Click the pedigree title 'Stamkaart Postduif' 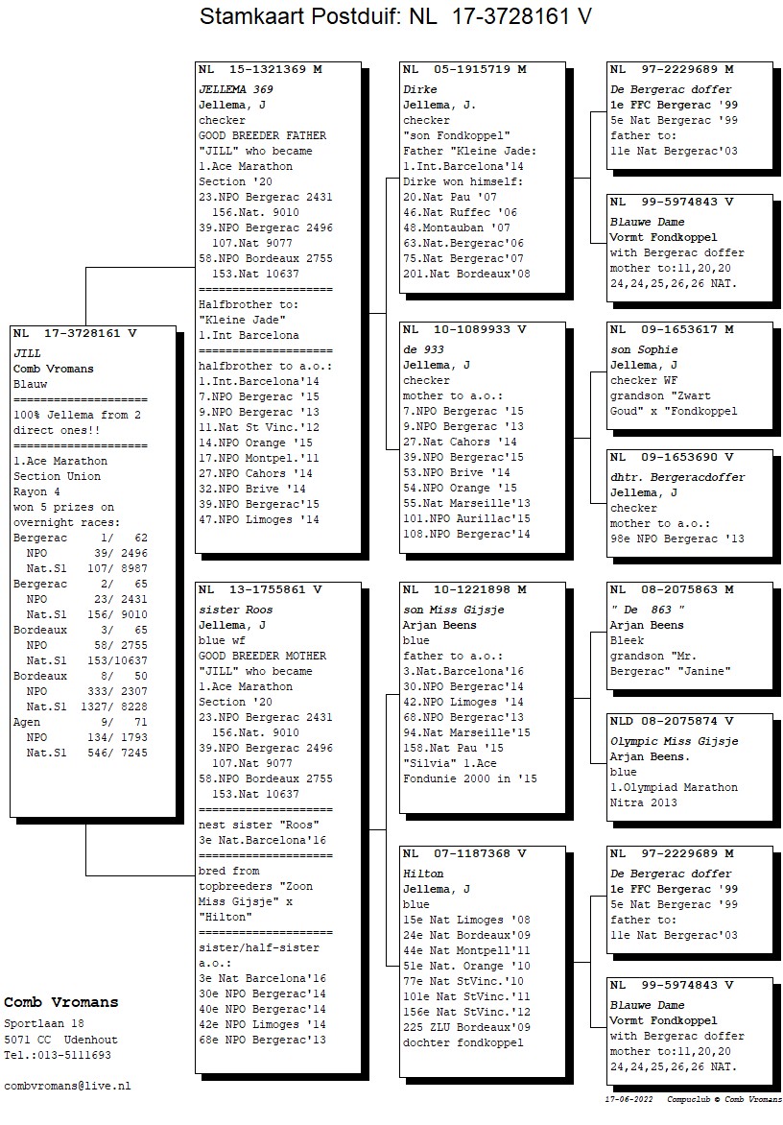299,16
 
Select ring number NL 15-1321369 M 260,70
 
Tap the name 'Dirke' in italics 420,89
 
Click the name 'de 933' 424,350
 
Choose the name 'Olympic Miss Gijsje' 674,742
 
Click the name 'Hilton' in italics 423,874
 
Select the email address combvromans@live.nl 67,1087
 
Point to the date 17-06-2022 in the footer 629,1099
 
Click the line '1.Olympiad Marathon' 674,788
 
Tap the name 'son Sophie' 644,350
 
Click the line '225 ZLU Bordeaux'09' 466,1027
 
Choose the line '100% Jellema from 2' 78,416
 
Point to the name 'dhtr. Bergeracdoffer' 677,478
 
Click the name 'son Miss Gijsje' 454,610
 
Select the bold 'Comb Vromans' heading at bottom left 61,1003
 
